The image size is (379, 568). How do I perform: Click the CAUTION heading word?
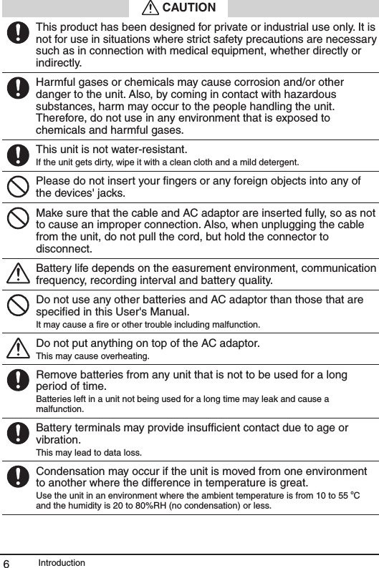click(189, 8)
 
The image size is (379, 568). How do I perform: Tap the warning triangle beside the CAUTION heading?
click(150, 8)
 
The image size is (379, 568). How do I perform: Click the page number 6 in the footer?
click(6, 563)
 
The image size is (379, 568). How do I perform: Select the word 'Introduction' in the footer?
click(62, 562)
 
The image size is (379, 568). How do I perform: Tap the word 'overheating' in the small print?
click(125, 356)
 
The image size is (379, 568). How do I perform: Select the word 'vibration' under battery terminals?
click(57, 440)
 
